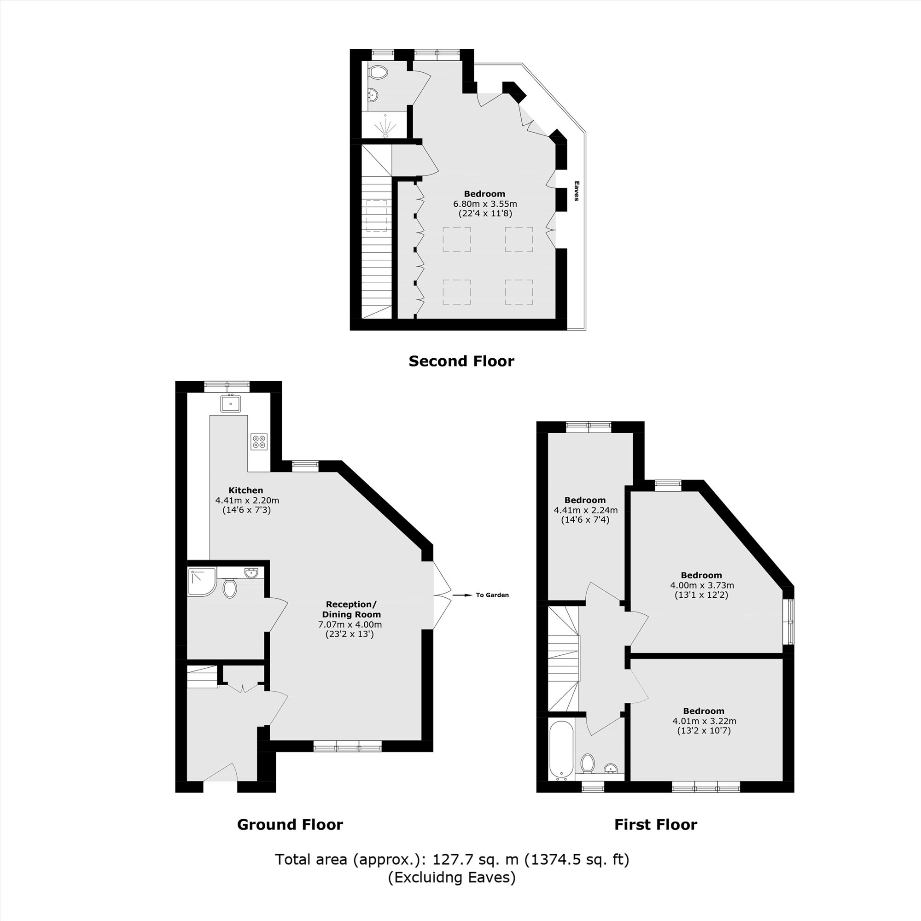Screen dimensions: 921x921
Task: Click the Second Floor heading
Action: click(461, 361)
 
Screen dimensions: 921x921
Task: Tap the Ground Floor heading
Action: click(290, 824)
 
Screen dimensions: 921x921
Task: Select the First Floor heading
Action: click(655, 824)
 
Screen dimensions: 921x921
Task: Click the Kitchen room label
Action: click(245, 490)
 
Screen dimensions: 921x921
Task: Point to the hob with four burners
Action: click(259, 442)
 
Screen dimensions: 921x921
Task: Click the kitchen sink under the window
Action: click(231, 404)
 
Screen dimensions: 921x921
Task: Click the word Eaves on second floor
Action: click(577, 191)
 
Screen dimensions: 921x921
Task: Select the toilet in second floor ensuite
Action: click(379, 73)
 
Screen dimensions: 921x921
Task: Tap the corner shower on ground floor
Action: click(201, 582)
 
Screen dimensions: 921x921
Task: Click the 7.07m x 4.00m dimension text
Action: click(350, 624)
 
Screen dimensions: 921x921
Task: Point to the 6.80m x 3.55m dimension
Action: click(485, 204)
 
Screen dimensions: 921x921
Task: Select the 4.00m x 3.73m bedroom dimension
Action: click(702, 585)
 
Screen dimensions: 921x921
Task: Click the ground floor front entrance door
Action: click(220, 773)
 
